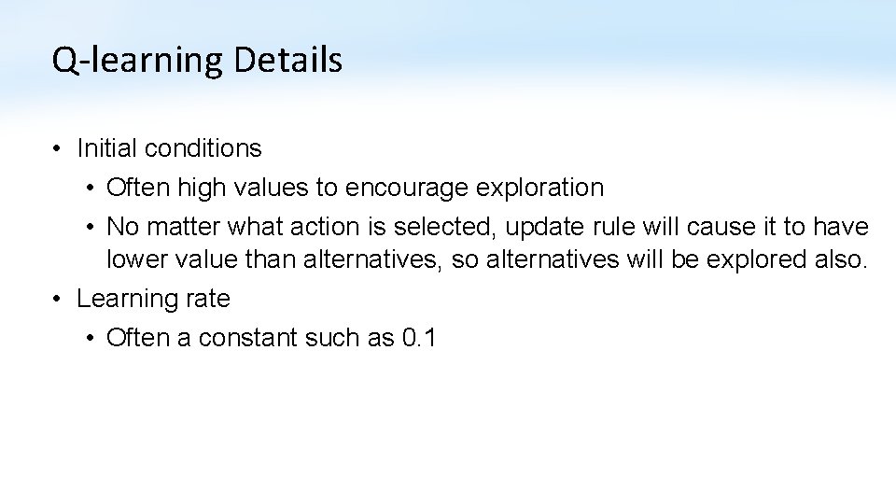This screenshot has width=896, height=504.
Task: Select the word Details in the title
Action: point(288,61)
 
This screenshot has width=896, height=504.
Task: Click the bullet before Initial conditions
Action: point(58,148)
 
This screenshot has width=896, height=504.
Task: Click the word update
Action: point(540,227)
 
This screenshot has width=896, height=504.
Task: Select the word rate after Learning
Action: point(208,299)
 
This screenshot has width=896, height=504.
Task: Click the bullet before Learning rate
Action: point(58,299)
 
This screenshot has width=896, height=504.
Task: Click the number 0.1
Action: point(419,338)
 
